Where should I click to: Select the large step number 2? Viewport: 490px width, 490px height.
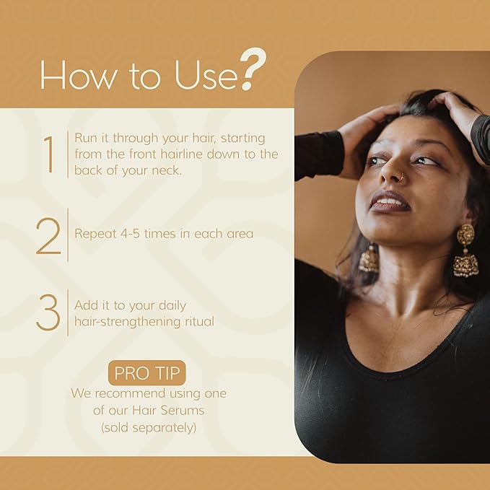point(48,235)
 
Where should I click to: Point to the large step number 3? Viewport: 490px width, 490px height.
point(48,312)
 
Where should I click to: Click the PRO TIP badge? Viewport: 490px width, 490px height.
point(148,374)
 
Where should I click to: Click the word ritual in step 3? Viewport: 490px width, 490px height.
point(198,322)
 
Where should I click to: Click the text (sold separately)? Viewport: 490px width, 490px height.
point(148,426)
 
